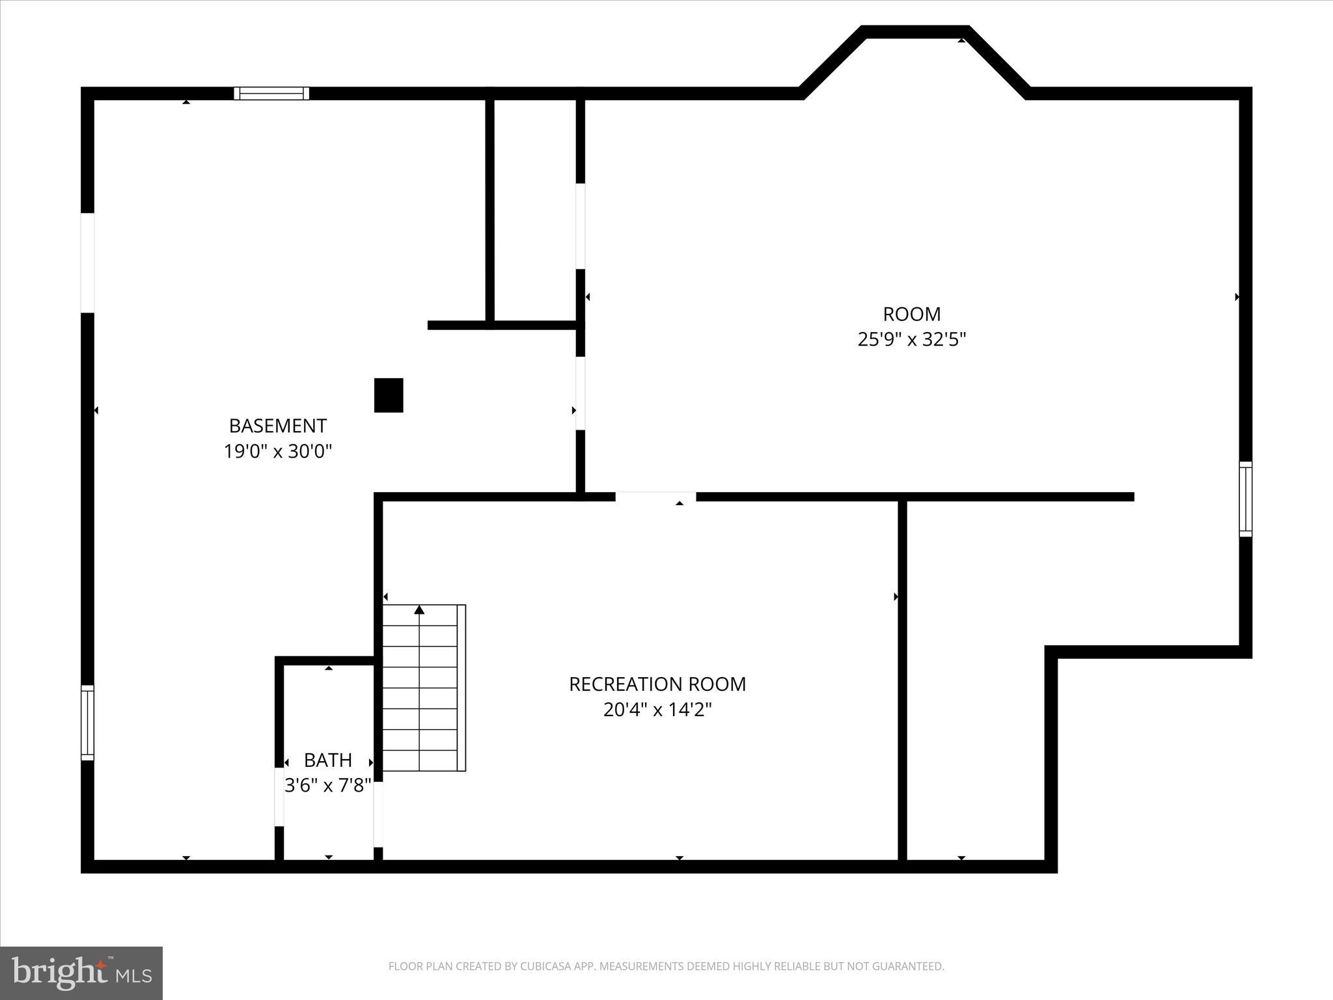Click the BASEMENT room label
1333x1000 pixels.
pyautogui.click(x=277, y=426)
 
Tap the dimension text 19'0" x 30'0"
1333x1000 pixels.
pyautogui.click(x=278, y=451)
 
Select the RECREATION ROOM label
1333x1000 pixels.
pyautogui.click(x=657, y=684)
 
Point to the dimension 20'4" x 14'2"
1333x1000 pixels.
pyautogui.click(x=657, y=710)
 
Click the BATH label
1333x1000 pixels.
pyautogui.click(x=328, y=760)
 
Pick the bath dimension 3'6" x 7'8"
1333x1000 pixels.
pyautogui.click(x=328, y=785)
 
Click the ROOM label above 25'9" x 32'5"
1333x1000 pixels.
pyautogui.click(x=911, y=314)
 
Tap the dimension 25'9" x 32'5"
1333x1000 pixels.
pyautogui.click(x=911, y=340)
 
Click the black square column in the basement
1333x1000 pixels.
pyautogui.click(x=389, y=395)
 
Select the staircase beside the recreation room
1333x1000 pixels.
pyautogui.click(x=423, y=688)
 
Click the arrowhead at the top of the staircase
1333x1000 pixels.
pyautogui.click(x=420, y=610)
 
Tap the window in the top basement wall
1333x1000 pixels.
pyautogui.click(x=271, y=93)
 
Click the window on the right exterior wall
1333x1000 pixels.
pyautogui.click(x=1245, y=499)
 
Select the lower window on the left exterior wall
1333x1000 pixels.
pyautogui.click(x=87, y=723)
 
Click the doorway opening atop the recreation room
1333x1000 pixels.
pyautogui.click(x=655, y=497)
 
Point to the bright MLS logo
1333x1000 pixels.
pyautogui.click(x=81, y=973)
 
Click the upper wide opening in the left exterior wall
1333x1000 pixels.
pyautogui.click(x=87, y=262)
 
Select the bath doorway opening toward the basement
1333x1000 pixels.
pyautogui.click(x=279, y=797)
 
